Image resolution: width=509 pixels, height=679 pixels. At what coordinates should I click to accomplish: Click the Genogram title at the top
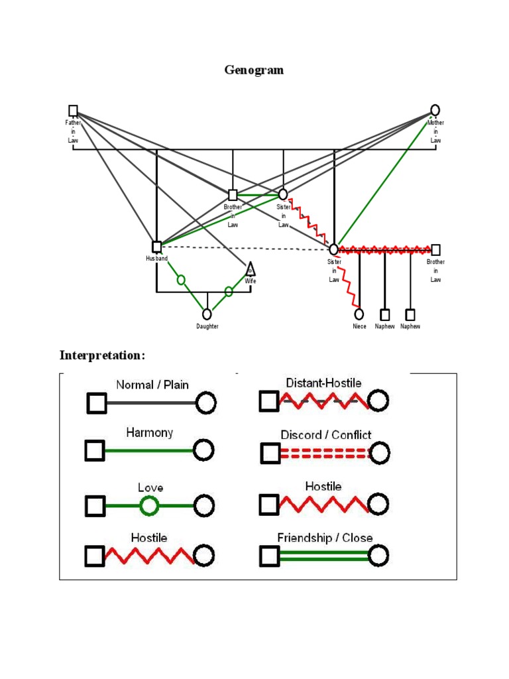254,70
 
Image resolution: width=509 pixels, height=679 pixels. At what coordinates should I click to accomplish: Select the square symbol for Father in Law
73,111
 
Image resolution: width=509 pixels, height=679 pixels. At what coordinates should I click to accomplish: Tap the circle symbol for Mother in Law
435,110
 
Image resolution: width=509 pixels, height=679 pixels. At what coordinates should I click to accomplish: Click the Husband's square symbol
156,247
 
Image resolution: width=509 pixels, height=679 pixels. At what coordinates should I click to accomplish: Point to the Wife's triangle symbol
251,269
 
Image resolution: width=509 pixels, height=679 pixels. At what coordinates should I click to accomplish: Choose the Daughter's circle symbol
207,314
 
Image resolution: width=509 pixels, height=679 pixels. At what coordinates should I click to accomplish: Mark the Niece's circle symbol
359,314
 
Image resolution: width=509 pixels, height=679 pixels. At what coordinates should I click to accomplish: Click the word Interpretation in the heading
101,355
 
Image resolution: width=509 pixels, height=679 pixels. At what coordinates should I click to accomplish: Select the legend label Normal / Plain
152,385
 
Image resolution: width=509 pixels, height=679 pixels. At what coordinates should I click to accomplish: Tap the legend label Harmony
150,432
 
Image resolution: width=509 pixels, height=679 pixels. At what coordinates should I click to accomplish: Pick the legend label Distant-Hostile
323,383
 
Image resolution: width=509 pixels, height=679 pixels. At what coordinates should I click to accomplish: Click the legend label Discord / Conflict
325,435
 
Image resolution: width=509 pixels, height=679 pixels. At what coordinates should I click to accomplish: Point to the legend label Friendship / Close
325,538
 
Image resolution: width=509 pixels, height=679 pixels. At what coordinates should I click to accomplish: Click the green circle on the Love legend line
150,507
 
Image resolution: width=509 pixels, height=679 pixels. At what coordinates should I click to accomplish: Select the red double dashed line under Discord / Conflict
325,453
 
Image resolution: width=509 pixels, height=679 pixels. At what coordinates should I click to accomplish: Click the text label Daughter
207,326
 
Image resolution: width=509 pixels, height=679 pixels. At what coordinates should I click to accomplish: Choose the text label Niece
359,326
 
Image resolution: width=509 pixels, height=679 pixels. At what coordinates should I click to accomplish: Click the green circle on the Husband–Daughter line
181,280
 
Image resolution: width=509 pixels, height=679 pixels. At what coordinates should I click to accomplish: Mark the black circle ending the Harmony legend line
204,451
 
